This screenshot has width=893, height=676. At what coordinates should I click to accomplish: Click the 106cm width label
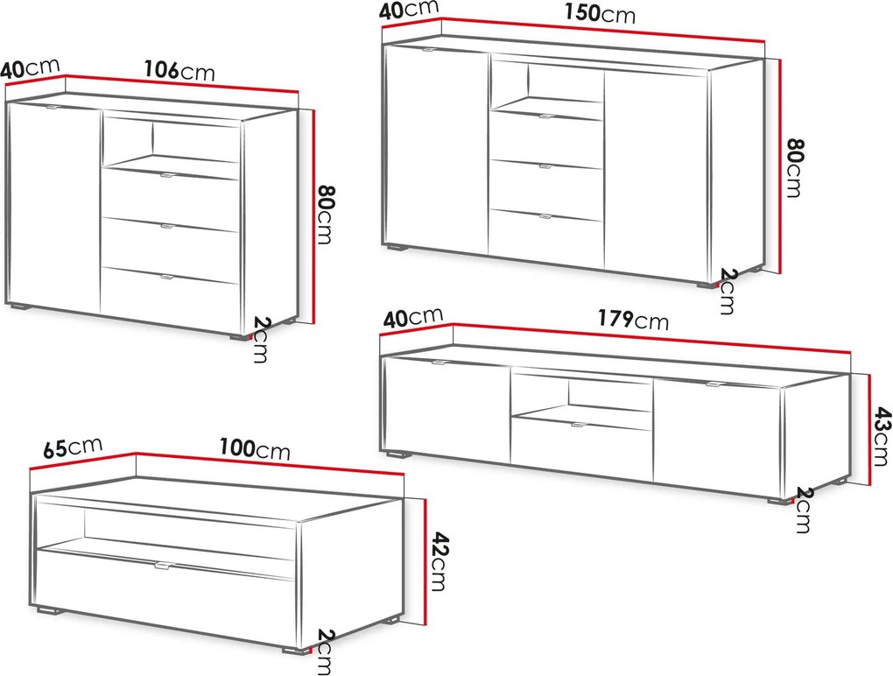click(179, 71)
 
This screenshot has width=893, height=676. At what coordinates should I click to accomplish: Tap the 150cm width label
click(600, 13)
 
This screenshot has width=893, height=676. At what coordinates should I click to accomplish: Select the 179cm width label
click(633, 320)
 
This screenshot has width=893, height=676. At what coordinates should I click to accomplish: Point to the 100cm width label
click(255, 449)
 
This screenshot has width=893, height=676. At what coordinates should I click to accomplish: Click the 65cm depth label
click(73, 447)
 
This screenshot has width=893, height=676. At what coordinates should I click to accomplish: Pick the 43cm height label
click(882, 436)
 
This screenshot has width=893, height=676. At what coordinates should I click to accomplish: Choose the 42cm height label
click(437, 561)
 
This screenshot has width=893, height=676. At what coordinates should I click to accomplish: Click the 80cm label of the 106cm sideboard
click(323, 214)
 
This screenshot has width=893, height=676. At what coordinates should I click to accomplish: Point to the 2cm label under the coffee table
click(324, 651)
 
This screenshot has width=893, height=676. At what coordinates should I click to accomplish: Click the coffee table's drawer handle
click(162, 566)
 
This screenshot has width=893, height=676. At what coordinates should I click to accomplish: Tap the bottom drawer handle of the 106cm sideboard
click(169, 278)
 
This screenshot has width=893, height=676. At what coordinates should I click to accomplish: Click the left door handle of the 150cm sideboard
click(426, 50)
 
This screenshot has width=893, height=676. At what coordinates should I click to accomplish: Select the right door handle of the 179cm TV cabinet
click(713, 384)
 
